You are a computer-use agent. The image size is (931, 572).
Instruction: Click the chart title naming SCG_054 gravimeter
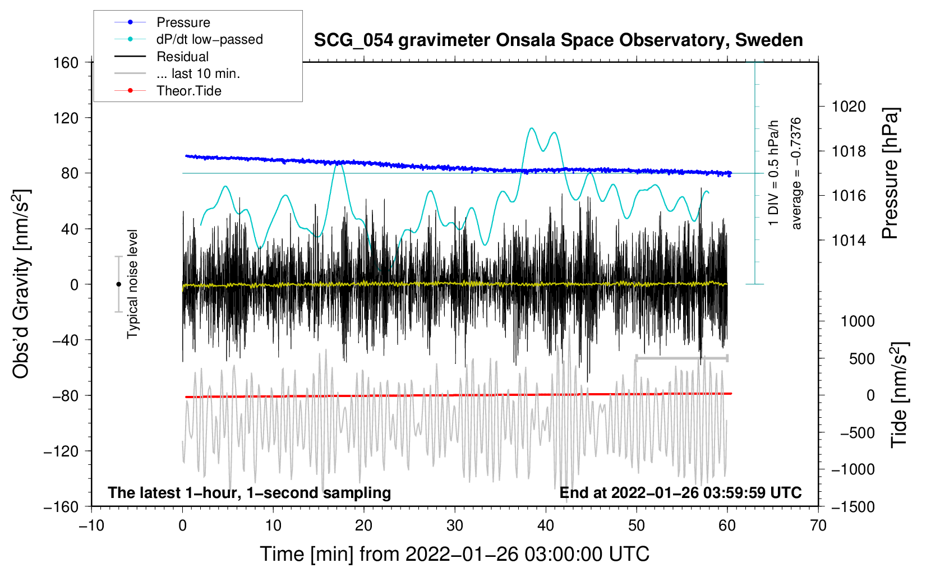pyautogui.click(x=558, y=40)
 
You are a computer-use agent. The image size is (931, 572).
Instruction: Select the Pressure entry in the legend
pyautogui.click(x=183, y=22)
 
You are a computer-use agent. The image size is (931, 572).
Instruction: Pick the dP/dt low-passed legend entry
pyautogui.click(x=209, y=39)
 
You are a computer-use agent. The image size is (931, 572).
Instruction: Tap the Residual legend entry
pyautogui.click(x=182, y=57)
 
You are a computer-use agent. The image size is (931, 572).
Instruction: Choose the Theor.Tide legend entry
pyautogui.click(x=188, y=91)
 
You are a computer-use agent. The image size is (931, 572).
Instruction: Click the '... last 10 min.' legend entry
pyautogui.click(x=198, y=73)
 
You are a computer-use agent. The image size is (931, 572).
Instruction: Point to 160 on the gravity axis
pyautogui.click(x=66, y=62)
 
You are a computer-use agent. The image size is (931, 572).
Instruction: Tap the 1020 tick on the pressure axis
pyautogui.click(x=849, y=107)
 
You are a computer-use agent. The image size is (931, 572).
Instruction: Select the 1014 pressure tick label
pyautogui.click(x=849, y=241)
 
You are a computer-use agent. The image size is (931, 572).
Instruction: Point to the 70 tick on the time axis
pyautogui.click(x=818, y=525)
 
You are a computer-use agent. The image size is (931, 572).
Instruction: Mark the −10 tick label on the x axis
pyautogui.click(x=91, y=525)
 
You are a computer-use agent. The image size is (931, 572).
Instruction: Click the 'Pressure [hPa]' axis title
pyautogui.click(x=891, y=173)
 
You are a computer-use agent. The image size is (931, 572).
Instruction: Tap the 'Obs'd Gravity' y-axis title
pyautogui.click(x=21, y=284)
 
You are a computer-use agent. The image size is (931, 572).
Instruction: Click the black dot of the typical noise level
pyautogui.click(x=118, y=284)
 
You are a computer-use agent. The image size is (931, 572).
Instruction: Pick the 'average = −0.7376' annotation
pyautogui.click(x=796, y=173)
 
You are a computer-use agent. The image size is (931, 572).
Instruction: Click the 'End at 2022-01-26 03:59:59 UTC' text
pyautogui.click(x=680, y=492)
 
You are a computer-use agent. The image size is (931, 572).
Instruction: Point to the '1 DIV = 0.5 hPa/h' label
pyautogui.click(x=774, y=173)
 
